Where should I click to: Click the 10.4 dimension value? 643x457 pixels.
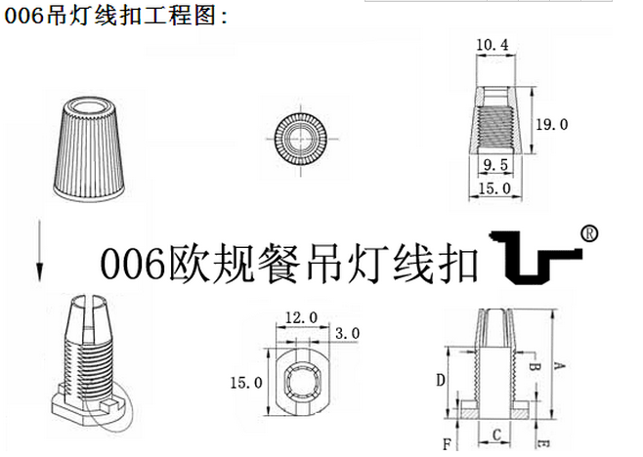point(493,44)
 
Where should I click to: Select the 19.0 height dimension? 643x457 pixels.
point(552,124)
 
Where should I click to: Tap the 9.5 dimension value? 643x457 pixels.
point(495,165)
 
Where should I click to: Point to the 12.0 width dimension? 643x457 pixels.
point(301,317)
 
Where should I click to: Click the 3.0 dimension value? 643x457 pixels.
point(347,333)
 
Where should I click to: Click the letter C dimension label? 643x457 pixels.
point(496,435)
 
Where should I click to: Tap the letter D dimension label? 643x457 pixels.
point(441,381)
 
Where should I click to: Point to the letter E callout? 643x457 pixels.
point(543,443)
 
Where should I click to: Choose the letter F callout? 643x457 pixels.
point(447,444)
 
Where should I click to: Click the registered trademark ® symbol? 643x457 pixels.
point(589,234)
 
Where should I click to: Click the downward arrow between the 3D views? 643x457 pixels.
point(39,251)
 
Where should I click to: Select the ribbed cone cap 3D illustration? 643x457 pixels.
point(89,149)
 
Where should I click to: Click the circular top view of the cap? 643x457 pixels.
point(301,138)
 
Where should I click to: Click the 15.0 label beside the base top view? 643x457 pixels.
point(246,383)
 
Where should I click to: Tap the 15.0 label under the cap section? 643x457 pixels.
point(495,188)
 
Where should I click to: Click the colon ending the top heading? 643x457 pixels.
point(224,18)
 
